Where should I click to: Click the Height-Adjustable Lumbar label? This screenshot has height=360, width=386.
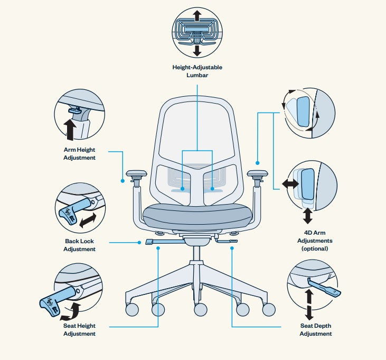tap(197, 71)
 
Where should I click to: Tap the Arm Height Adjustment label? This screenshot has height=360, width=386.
tap(80, 153)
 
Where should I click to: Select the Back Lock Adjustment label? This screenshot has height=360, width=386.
tap(80, 245)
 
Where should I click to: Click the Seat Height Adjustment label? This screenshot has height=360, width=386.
tap(80, 329)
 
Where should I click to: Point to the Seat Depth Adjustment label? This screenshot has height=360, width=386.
tap(316, 329)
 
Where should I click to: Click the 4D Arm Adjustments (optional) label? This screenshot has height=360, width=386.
tap(315, 240)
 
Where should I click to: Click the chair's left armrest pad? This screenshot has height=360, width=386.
tap(136, 173)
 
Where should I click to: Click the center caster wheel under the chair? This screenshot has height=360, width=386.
tap(201, 310)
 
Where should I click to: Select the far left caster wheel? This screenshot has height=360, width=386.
tap(132, 309)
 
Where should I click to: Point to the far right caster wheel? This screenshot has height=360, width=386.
tap(268, 309)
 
